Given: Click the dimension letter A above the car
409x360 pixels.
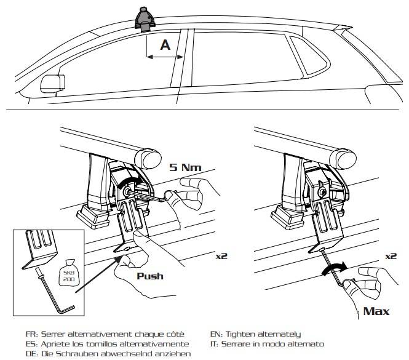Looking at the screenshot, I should click(165, 45).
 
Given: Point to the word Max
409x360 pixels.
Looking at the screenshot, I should click(376, 311).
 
